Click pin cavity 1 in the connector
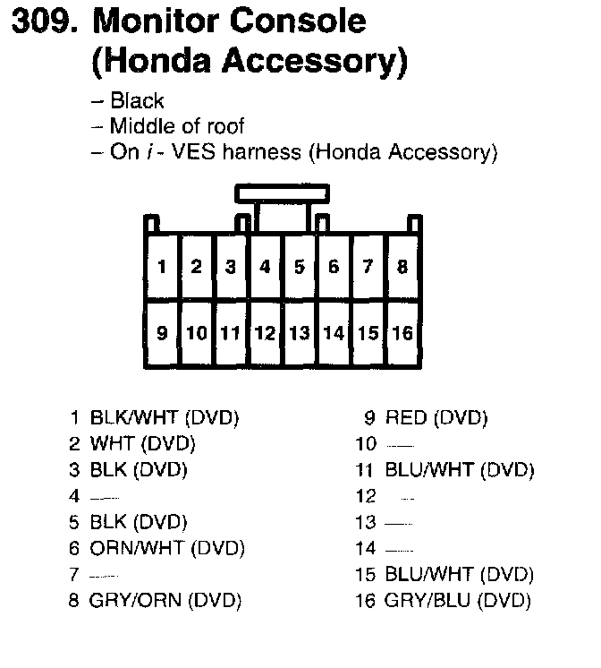[x=162, y=266]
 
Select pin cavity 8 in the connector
[x=402, y=266]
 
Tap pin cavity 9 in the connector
[x=162, y=333]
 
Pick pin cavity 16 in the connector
[x=402, y=333]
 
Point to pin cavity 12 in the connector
[x=265, y=333]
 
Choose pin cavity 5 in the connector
[x=300, y=266]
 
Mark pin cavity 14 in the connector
[x=334, y=333]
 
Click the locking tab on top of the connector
[x=283, y=193]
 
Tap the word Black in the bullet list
[x=137, y=101]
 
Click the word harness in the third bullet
[x=265, y=152]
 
